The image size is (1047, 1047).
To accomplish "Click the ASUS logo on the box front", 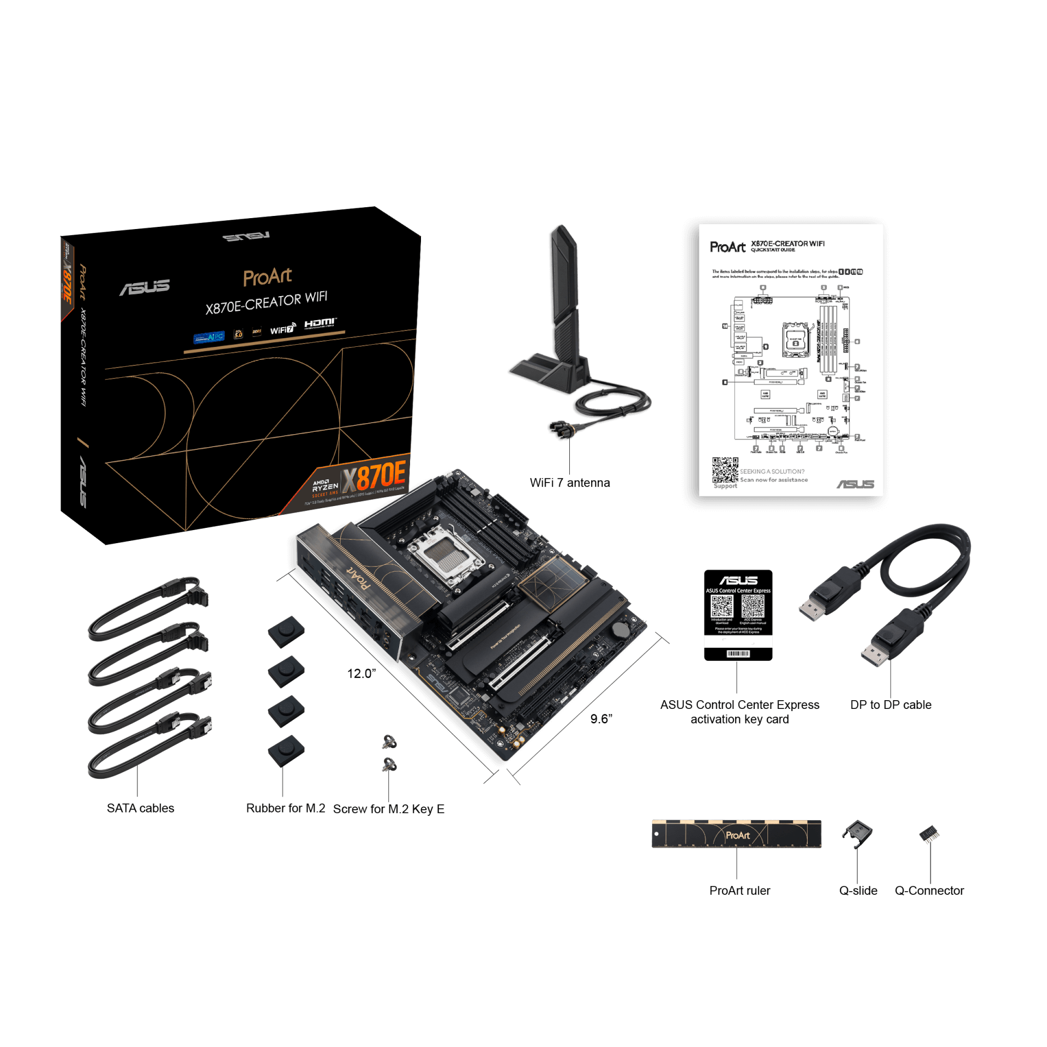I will (x=145, y=287).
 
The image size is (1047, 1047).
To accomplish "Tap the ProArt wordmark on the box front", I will (x=267, y=277).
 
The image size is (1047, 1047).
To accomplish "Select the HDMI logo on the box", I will (x=320, y=323).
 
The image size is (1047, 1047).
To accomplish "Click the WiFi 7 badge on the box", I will (x=282, y=329).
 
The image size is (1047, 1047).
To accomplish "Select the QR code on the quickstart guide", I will (x=725, y=470).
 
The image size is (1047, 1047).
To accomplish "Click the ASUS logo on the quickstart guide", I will (x=855, y=484).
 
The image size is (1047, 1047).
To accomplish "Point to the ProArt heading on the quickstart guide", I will (x=727, y=247).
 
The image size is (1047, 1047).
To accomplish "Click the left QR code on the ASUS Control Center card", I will (x=721, y=606).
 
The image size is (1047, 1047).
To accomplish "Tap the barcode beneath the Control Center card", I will (x=738, y=654).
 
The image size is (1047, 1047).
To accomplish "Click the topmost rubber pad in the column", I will (x=286, y=631).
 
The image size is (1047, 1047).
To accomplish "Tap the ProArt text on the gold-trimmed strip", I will (x=737, y=835).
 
